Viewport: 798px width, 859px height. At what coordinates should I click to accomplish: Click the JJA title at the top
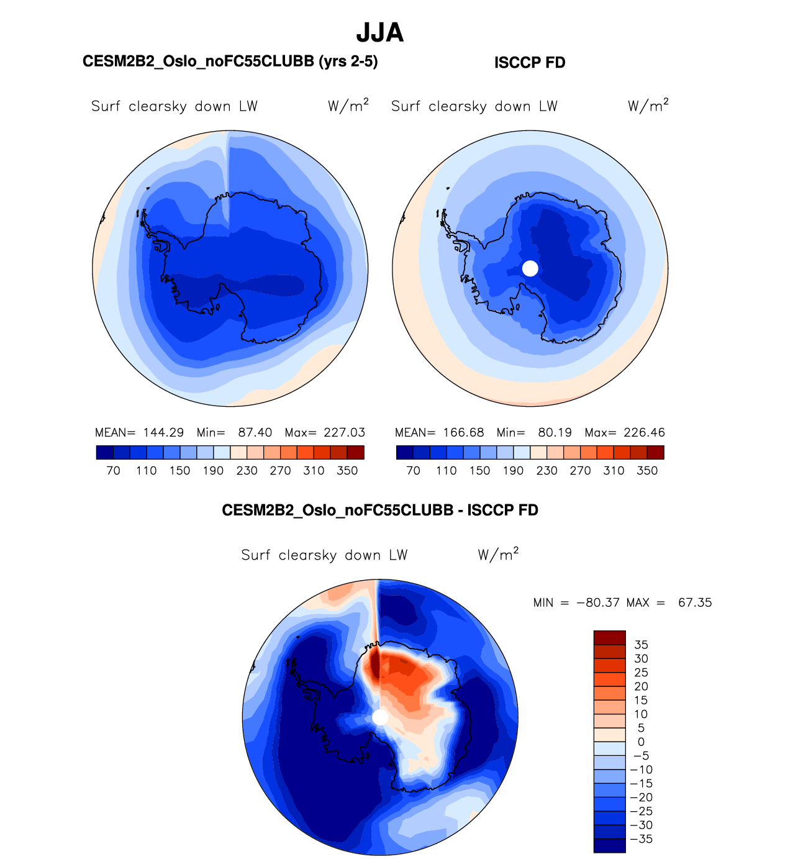(x=379, y=33)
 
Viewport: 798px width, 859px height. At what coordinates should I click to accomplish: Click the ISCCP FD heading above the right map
(x=530, y=63)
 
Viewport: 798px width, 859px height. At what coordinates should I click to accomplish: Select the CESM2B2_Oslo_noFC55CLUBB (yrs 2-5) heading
(x=230, y=61)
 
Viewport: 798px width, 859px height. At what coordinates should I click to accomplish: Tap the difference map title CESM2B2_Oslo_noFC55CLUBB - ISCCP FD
(x=379, y=511)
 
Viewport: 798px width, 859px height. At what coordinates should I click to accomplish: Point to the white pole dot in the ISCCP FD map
(x=530, y=268)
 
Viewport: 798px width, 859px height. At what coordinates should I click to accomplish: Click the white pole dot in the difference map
(x=380, y=717)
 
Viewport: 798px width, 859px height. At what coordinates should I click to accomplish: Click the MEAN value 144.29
(x=163, y=433)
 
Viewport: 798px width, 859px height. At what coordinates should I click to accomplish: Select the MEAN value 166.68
(x=463, y=433)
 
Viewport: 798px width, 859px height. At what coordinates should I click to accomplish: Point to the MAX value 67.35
(x=695, y=603)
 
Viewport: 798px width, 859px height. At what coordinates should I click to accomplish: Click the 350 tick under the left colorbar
(x=347, y=471)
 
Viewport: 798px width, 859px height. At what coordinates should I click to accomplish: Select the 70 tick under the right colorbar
(x=413, y=471)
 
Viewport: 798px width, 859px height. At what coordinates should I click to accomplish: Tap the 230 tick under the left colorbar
(x=247, y=471)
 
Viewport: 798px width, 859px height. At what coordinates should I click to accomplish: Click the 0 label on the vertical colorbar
(x=641, y=742)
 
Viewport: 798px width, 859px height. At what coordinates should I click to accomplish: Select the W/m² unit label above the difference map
(x=498, y=554)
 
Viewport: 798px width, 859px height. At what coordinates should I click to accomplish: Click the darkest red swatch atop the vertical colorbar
(x=609, y=638)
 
